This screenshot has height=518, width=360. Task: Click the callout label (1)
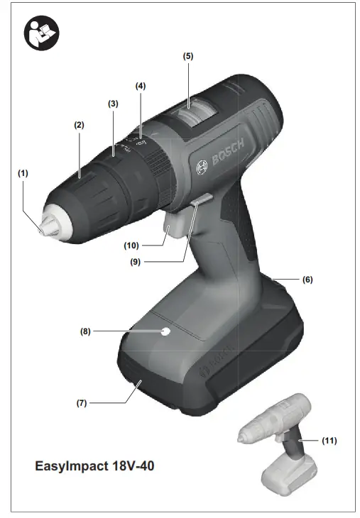pyautogui.click(x=24, y=172)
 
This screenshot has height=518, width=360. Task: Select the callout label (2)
pyautogui.click(x=79, y=125)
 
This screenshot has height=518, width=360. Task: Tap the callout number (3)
pyautogui.click(x=112, y=104)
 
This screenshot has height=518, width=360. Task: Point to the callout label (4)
pyautogui.click(x=141, y=86)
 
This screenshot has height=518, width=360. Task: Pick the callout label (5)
pyautogui.click(x=187, y=55)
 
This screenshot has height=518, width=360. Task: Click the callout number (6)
pyautogui.click(x=307, y=280)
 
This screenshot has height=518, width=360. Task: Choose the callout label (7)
pyautogui.click(x=82, y=403)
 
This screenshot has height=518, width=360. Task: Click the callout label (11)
pyautogui.click(x=328, y=441)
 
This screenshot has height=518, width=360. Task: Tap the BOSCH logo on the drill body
pyautogui.click(x=221, y=156)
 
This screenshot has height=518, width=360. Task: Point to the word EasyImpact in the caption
pyautogui.click(x=70, y=467)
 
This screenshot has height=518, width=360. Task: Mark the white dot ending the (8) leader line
pyautogui.click(x=165, y=331)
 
